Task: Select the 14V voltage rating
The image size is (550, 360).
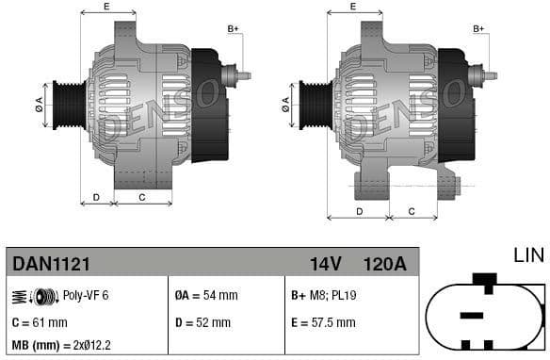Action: click(x=326, y=263)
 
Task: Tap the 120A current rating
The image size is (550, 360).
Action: click(x=384, y=263)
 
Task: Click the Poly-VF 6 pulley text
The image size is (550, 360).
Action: click(x=86, y=295)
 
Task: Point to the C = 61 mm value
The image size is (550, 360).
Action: click(x=40, y=322)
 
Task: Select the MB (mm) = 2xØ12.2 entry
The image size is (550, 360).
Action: click(x=59, y=346)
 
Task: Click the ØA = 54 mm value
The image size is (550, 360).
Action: click(x=207, y=295)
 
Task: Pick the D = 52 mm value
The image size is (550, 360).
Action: click(x=203, y=322)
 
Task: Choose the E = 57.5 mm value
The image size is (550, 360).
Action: click(x=323, y=322)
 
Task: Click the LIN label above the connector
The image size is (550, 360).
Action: click(x=528, y=255)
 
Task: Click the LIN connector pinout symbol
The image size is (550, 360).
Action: click(x=485, y=316)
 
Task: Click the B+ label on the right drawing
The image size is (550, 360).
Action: click(x=478, y=29)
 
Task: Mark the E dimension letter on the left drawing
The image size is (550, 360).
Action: click(x=105, y=7)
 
